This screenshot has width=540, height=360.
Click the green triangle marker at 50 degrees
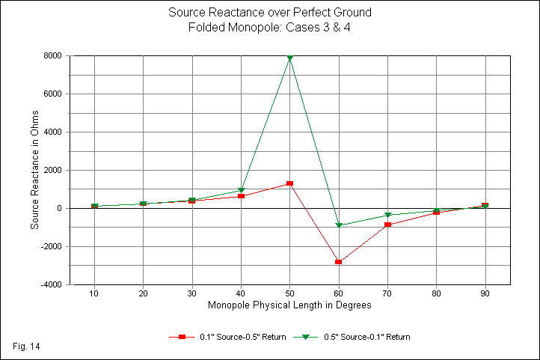click(289, 58)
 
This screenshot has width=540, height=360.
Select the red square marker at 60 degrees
click(339, 262)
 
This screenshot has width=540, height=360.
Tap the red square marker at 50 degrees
click(289, 183)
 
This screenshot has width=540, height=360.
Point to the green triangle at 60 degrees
click(339, 225)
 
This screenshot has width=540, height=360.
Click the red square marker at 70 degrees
click(387, 225)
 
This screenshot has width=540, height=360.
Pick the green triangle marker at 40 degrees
click(241, 191)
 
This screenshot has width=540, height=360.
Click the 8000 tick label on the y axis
click(52, 55)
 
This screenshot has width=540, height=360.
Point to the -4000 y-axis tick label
click(50, 284)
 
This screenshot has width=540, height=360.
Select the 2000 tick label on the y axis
click(52, 170)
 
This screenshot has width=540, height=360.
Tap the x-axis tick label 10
click(94, 293)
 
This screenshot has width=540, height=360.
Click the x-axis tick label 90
click(485, 293)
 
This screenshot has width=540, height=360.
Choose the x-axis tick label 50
click(289, 293)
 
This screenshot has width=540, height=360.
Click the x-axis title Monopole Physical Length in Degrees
click(289, 305)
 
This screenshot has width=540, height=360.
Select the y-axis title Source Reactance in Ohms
click(34, 170)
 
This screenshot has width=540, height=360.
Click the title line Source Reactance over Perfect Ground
click(270, 13)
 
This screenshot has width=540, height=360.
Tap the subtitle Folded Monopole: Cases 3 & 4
click(270, 27)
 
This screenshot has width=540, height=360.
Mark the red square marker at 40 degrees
click(241, 196)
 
